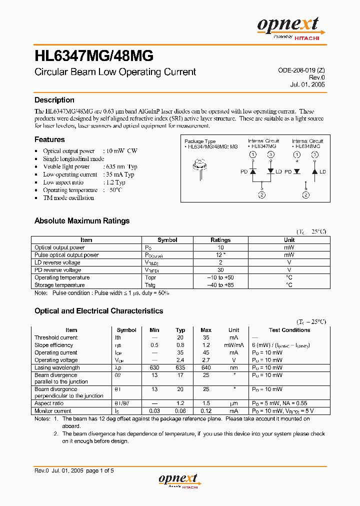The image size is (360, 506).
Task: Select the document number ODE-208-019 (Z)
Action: coord(301,71)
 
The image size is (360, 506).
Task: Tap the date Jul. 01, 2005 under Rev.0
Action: coord(307,84)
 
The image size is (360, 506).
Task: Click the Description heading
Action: coord(54,100)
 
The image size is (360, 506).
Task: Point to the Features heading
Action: coord(49,139)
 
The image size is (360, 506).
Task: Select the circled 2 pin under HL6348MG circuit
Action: coord(305,195)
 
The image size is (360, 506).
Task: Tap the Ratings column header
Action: coord(220,240)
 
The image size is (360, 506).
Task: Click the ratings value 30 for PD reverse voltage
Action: coord(220,270)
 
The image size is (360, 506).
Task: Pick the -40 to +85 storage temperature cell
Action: coord(220,285)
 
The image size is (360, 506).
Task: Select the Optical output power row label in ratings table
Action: coord(59,247)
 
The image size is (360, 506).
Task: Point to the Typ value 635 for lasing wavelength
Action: coord(180,367)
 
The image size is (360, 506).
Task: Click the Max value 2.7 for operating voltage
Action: coord(205,360)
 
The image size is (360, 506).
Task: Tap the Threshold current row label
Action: coord(56,337)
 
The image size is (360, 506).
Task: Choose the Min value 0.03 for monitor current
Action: coord(154,411)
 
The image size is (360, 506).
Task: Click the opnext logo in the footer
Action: coord(179,480)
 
